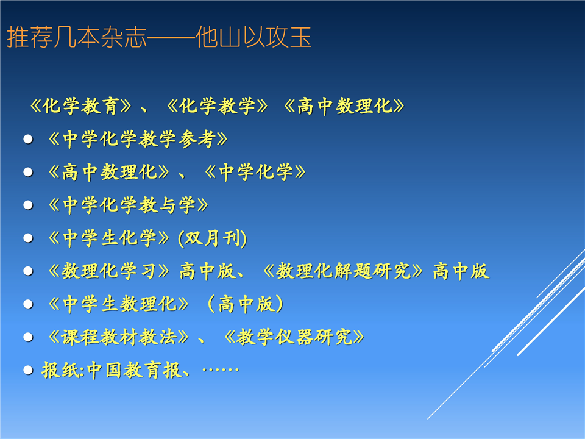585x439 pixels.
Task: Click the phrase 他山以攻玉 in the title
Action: point(253,37)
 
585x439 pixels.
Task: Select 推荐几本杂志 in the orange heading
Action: point(77,37)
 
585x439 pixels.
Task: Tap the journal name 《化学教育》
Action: point(80,106)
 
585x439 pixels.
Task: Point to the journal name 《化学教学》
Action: point(217,106)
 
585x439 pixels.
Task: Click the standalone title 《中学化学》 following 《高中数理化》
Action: point(255,172)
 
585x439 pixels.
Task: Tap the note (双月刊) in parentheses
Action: point(212,238)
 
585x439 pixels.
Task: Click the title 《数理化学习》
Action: point(109,271)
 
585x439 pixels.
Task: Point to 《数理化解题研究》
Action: point(343,271)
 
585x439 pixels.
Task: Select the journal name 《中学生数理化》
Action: point(119,304)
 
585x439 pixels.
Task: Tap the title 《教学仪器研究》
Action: point(294,337)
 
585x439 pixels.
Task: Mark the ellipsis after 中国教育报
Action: point(221,369)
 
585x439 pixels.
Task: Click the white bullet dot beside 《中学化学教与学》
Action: point(28,205)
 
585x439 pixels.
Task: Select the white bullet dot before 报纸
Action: point(28,370)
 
